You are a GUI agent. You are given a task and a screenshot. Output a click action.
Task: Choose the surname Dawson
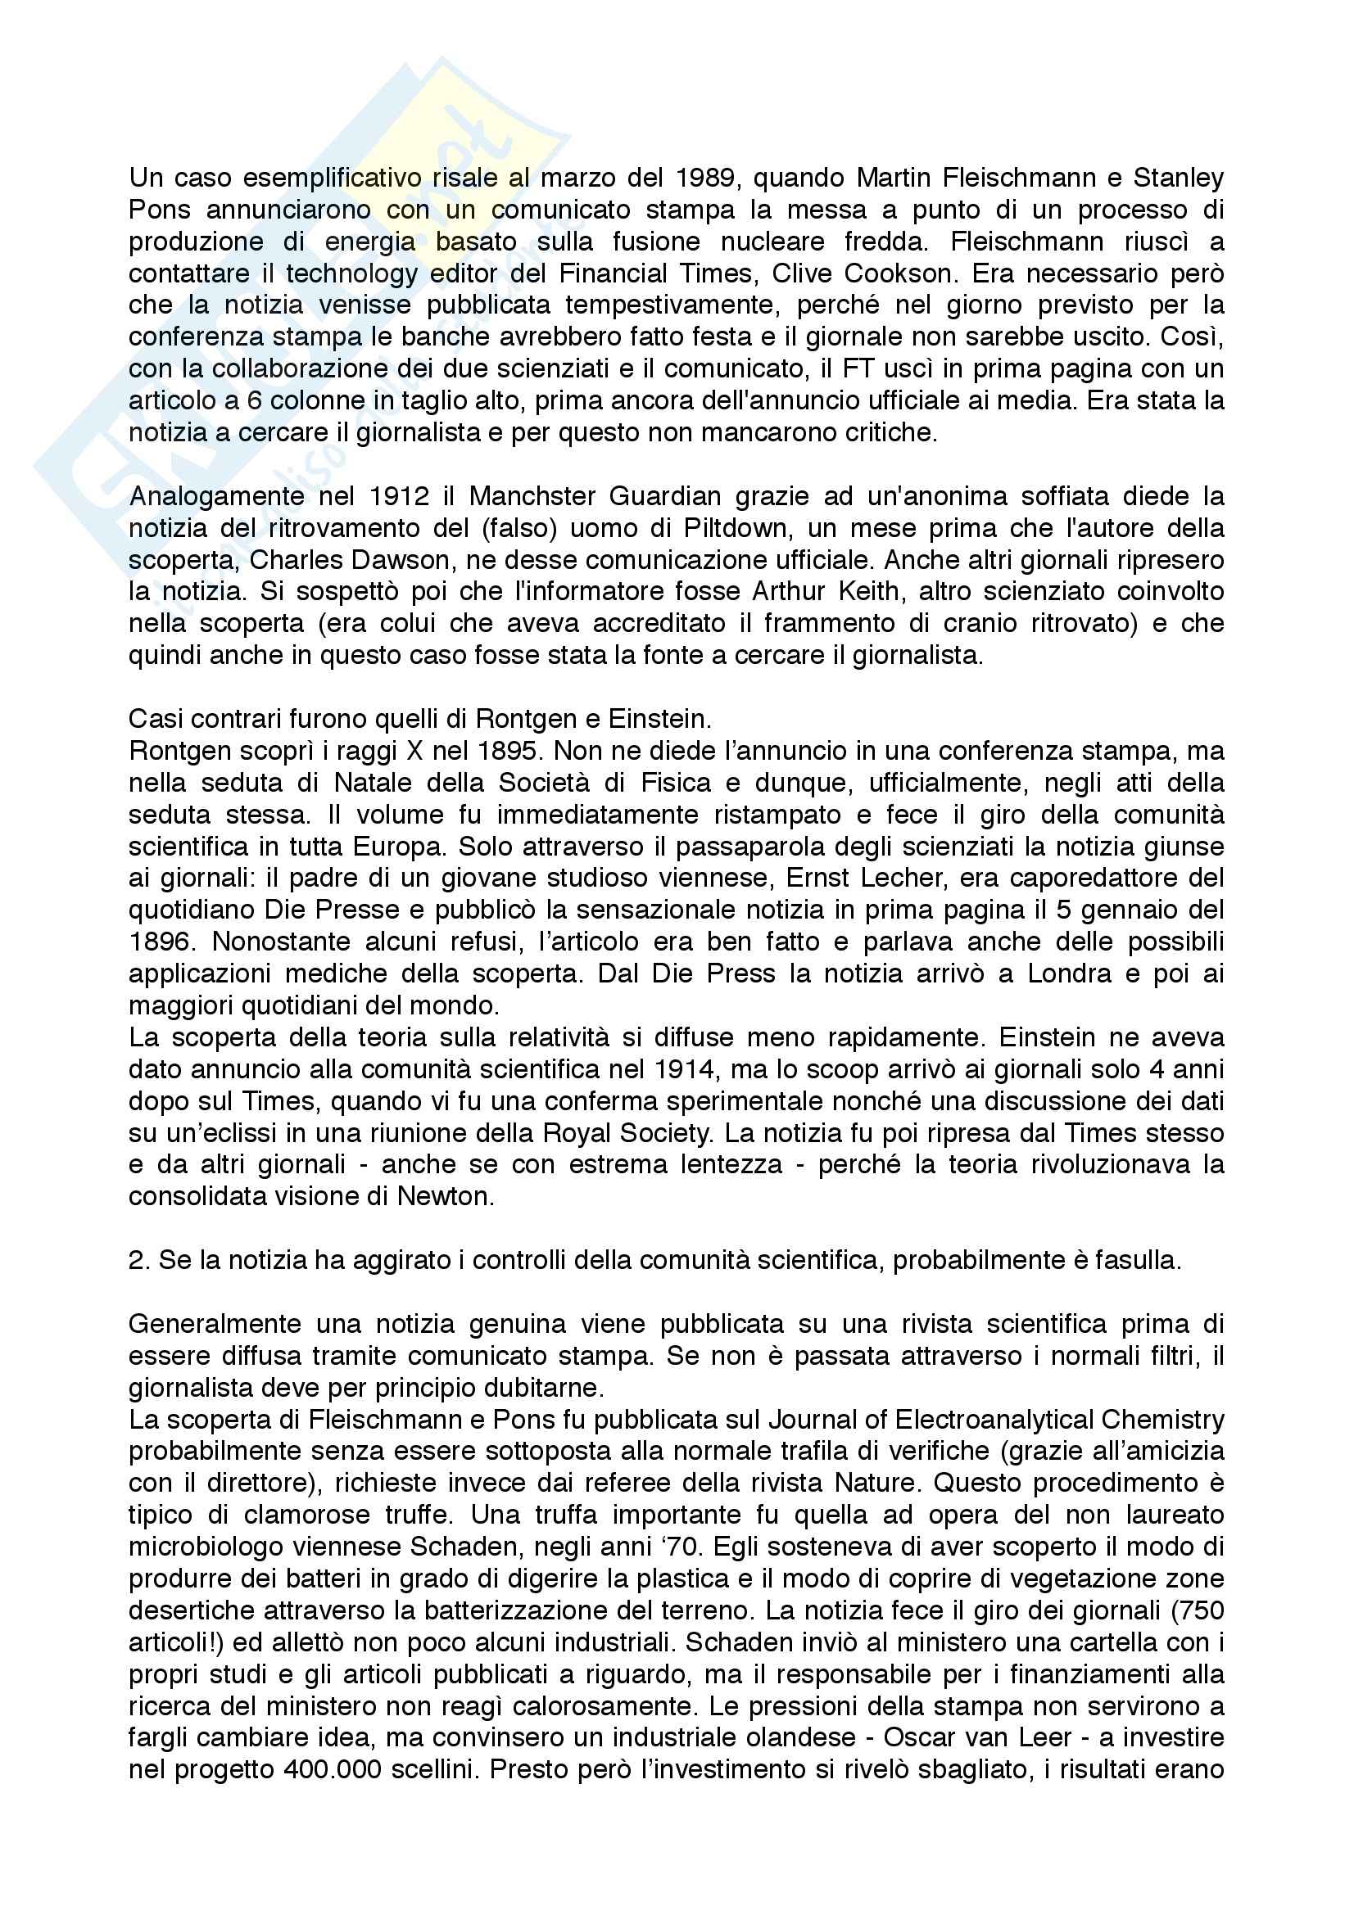pyautogui.click(x=419, y=560)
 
